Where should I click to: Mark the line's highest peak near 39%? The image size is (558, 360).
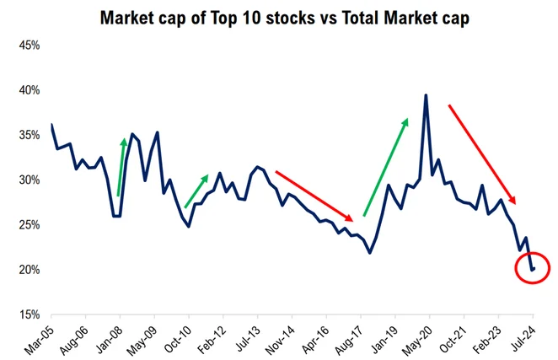pyautogui.click(x=426, y=96)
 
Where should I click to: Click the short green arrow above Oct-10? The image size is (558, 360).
pyautogui.click(x=196, y=191)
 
